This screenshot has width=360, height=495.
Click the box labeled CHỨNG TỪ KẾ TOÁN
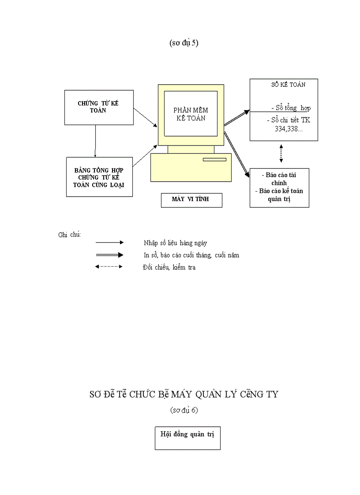click(x=98, y=107)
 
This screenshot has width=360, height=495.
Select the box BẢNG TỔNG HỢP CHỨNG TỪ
click(x=98, y=177)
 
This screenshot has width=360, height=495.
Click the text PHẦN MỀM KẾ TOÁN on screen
click(x=191, y=114)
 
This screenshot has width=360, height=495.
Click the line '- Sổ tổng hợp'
click(x=291, y=108)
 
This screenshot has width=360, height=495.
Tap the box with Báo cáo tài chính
click(x=279, y=187)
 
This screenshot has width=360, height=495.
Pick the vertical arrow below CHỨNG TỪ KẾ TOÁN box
click(x=95, y=141)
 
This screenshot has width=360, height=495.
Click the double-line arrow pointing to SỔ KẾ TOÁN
click(x=236, y=118)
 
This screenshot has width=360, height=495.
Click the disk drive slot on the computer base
click(x=214, y=160)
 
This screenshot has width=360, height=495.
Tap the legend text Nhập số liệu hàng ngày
click(x=175, y=243)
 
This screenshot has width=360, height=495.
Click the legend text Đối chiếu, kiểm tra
click(x=169, y=267)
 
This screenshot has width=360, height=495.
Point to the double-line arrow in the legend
click(x=109, y=255)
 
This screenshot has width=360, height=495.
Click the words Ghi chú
click(x=69, y=234)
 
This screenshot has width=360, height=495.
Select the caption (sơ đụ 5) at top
click(x=184, y=43)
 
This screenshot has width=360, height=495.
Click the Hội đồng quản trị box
click(x=187, y=437)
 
